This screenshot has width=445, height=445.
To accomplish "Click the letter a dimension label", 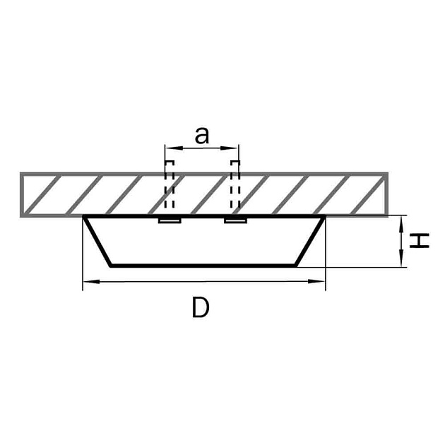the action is pos(202,136).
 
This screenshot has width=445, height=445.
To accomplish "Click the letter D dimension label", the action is pos(201,307).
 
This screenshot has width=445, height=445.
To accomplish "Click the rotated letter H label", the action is pos(419,241).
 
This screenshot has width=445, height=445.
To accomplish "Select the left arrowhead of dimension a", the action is pos(173,148).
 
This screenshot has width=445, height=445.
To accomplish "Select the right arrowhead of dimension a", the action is pos(230,148).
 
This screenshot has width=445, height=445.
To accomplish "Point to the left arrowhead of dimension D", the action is pos(91,282).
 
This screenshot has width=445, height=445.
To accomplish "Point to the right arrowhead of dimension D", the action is pos(316,282).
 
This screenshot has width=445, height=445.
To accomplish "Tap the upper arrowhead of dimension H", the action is pos(401,225).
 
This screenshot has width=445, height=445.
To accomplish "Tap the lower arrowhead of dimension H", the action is pos(401,259).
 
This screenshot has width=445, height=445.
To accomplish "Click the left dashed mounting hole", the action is pos(170,184).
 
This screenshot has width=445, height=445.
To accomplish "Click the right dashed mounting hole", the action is pos(235,184).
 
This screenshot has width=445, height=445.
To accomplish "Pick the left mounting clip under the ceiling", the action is pos(170,220).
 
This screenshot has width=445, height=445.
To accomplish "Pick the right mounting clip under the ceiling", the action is pos(235,220).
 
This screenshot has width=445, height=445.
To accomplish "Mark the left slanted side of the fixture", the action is pos(97,241).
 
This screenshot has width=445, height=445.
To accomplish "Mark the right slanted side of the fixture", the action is pos(310,241).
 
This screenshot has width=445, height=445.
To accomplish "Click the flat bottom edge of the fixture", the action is pos(203,266).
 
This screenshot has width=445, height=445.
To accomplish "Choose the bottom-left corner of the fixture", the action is pos(111,266).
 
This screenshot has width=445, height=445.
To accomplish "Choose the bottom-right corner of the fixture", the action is pos(296,266).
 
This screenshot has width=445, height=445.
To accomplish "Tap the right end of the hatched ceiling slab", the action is pos(387,195).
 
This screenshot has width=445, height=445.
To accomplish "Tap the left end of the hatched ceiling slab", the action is pos(22,195).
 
